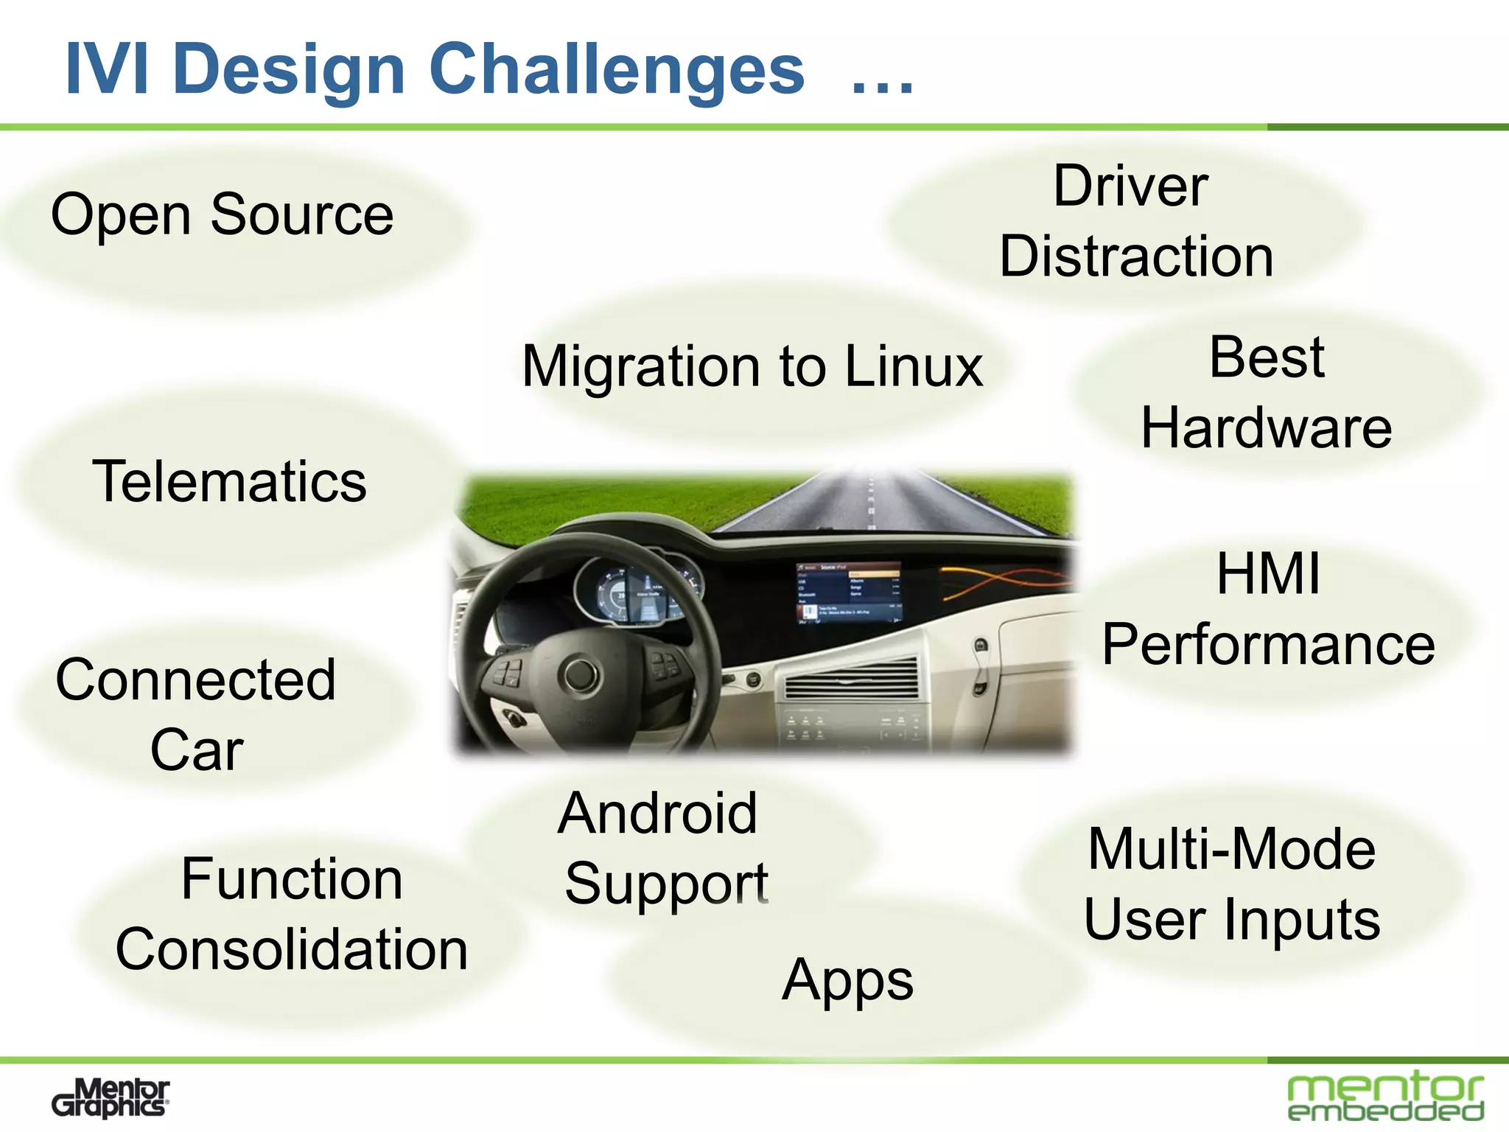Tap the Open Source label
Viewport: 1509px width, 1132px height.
coord(222,214)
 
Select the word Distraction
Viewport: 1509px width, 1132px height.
coord(1136,256)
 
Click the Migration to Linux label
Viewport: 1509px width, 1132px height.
coord(752,366)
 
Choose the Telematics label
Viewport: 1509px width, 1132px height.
coord(229,481)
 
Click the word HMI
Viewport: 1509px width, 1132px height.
coord(1268,573)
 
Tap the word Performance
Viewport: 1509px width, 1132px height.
coord(1268,644)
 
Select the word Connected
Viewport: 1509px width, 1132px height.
coord(196,679)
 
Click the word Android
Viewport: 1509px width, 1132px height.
coord(657,813)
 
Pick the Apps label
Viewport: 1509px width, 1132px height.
coord(847,980)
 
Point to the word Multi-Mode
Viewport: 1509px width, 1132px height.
coord(1231,849)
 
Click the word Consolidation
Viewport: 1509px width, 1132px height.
coord(292,949)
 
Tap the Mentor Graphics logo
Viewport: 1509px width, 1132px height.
coord(111,1098)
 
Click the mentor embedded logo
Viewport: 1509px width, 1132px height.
coord(1385,1098)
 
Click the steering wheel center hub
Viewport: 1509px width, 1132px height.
coord(581,672)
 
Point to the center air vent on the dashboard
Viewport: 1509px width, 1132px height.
coord(851,678)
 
